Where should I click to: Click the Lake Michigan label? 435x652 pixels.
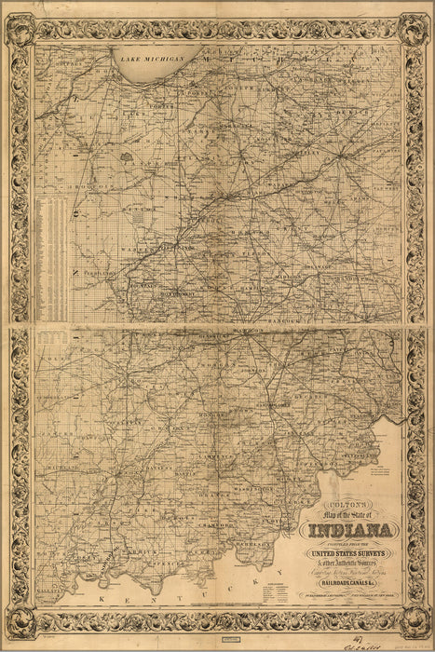[152, 59]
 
